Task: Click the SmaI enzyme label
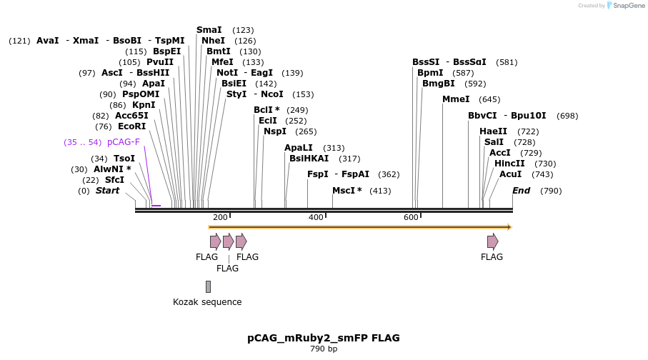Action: pyautogui.click(x=209, y=30)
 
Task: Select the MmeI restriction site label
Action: pyautogui.click(x=456, y=99)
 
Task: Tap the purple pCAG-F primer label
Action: pyautogui.click(x=124, y=142)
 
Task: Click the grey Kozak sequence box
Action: pyautogui.click(x=208, y=286)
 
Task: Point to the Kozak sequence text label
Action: pyautogui.click(x=207, y=302)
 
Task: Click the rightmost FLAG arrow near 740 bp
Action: pyautogui.click(x=492, y=241)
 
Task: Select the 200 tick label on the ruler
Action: pyautogui.click(x=220, y=217)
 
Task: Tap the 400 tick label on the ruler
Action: pyautogui.click(x=315, y=217)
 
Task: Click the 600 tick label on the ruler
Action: pyautogui.click(x=411, y=217)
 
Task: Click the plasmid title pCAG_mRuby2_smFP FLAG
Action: pyautogui.click(x=324, y=338)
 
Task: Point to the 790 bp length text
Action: pyautogui.click(x=324, y=349)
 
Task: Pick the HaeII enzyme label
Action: pyautogui.click(x=494, y=131)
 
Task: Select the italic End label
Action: pyautogui.click(x=521, y=191)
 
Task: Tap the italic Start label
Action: pyautogui.click(x=108, y=191)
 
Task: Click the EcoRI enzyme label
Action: pyautogui.click(x=131, y=126)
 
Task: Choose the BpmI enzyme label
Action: pyautogui.click(x=430, y=73)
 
